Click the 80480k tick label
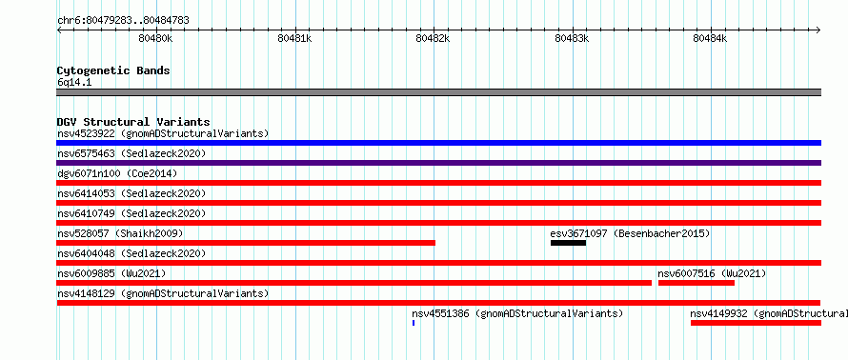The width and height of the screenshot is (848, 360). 155,38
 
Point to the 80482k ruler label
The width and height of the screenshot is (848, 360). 433,38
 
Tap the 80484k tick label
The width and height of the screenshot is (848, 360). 710,38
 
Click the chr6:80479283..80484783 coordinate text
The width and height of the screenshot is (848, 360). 123,21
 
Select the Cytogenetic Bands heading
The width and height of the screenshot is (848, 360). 113,70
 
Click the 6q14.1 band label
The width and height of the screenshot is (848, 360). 74,82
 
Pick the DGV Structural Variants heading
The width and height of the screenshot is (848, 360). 133,122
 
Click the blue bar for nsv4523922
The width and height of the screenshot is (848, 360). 438,143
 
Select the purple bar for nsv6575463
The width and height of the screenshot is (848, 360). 438,163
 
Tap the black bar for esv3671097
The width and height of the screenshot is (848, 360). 568,243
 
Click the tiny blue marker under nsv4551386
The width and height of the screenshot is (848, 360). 414,323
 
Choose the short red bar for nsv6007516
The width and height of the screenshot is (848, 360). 697,283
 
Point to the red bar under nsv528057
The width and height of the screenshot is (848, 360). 246,243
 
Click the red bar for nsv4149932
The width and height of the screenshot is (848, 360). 756,323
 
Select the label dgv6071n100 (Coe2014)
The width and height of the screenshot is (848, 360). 117,173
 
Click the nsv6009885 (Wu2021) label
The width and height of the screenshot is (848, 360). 111,273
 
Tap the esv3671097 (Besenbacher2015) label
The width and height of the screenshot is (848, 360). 630,233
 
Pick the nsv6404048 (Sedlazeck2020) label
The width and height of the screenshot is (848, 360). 131,253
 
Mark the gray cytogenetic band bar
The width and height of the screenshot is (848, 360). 438,92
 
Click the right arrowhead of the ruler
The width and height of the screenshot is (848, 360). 818,30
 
